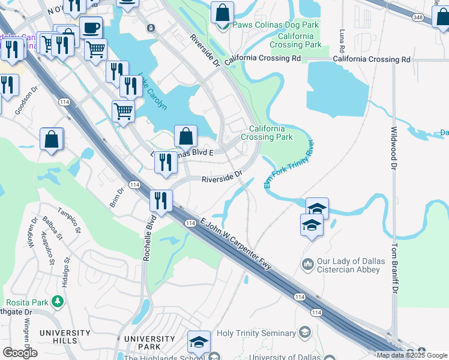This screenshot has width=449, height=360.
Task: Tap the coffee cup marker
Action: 91,28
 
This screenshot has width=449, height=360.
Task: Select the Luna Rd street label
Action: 342,40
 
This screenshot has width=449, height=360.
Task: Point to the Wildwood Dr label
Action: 394,147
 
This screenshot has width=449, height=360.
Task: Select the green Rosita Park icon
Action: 58,300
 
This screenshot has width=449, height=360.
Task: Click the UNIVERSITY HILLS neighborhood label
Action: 58,337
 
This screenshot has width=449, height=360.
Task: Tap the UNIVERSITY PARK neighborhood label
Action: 149,343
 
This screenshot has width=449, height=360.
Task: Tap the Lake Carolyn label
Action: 153,91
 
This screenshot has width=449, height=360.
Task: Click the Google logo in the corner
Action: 20,352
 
